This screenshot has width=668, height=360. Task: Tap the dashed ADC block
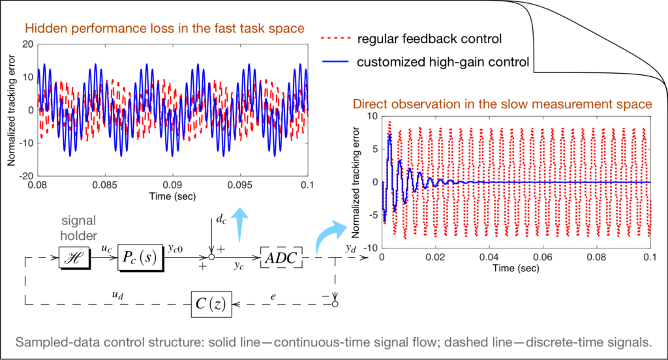coord(282,259)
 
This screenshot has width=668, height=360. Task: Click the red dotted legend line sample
coord(336,39)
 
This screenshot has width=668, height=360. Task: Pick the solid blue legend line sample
coord(336,62)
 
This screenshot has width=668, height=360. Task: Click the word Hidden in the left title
coord(41,28)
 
